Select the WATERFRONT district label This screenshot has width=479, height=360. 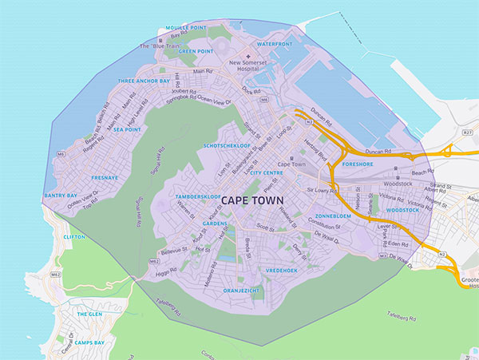(x=275, y=44)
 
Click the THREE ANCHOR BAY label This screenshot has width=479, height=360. (x=143, y=81)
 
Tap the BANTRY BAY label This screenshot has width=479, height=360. (x=61, y=195)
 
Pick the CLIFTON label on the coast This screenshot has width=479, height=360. (x=74, y=237)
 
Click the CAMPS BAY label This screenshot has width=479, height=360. (x=89, y=342)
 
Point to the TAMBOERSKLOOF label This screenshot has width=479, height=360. (x=199, y=196)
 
